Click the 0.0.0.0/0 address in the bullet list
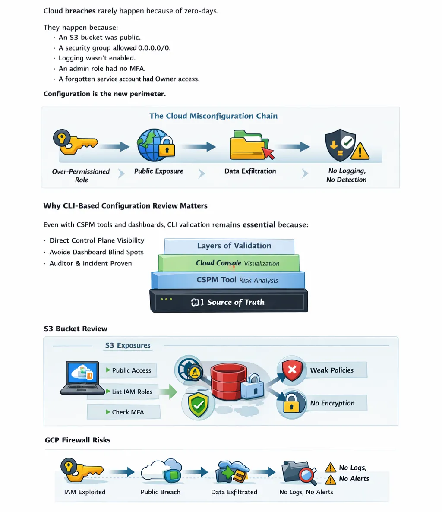pos(154,48)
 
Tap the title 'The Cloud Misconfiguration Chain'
pos(214,116)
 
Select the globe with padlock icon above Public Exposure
pos(156,145)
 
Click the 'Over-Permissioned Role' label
pos(81,176)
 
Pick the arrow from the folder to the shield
pos(293,147)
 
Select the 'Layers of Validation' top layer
pos(229,246)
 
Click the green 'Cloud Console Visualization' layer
pos(229,263)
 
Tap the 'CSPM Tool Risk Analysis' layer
pos(228,280)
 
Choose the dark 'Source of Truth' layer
pos(229,301)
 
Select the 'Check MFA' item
pos(124,412)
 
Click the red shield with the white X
pos(292,370)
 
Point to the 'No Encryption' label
pos(332,403)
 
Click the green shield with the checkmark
pos(198,405)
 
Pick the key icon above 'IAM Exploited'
pos(82,470)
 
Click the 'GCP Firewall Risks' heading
pos(78,440)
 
